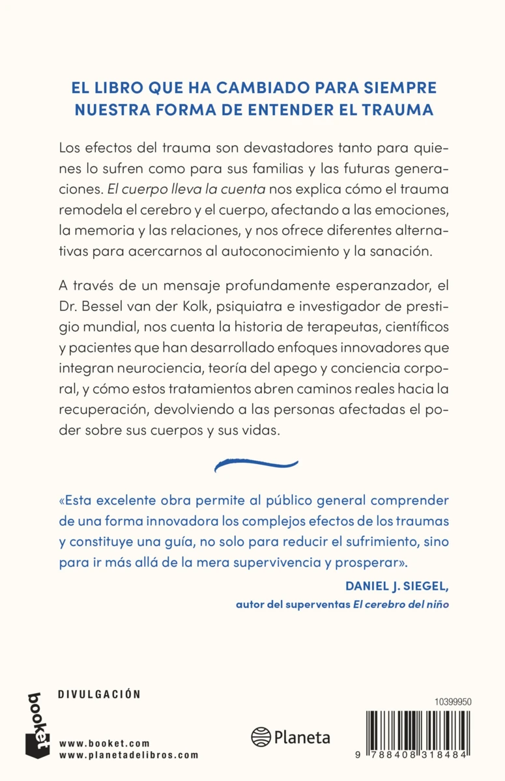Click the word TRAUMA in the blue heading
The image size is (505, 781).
coord(397,109)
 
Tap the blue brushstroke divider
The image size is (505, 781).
coord(256,464)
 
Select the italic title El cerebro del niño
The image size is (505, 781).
coord(401,604)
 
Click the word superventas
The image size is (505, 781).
coord(315,604)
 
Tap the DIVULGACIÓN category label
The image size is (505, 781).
coord(99,694)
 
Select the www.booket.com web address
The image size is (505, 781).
coord(104,743)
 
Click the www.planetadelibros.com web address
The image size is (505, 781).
coord(128,755)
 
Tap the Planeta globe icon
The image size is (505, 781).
coord(261,737)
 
